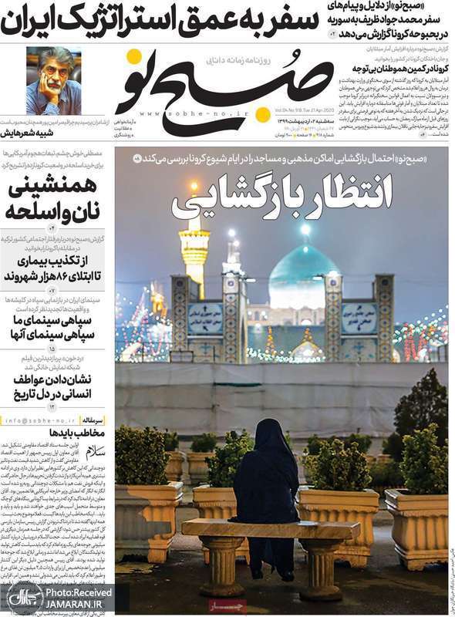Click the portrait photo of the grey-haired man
click(x=53, y=80)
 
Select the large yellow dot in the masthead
click(x=262, y=115)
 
